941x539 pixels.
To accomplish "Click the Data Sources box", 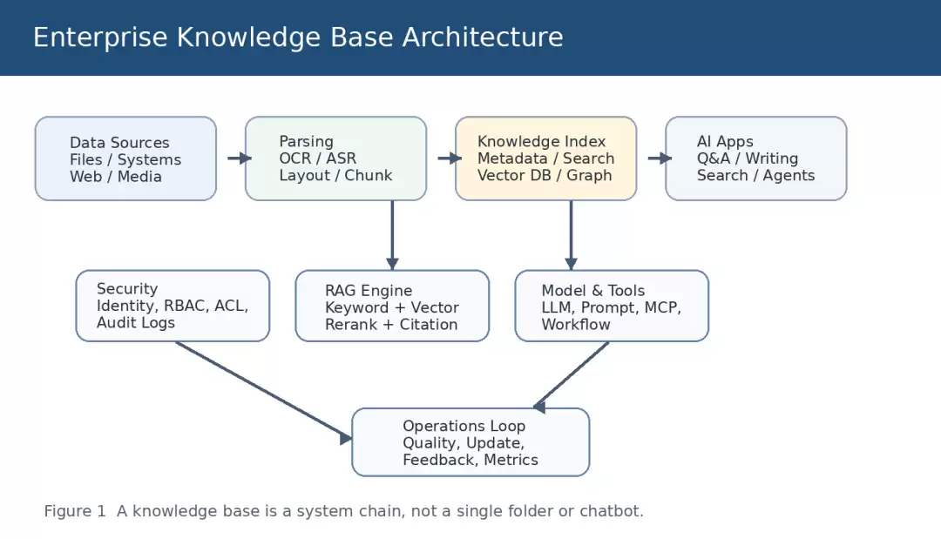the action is point(125,158).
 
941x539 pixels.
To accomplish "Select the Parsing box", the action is point(335,158).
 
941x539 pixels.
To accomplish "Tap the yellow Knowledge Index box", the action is point(545,158).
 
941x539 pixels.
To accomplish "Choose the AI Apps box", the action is point(755,158).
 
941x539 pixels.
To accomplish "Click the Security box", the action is point(173,306).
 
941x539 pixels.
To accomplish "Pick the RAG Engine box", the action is point(392,306).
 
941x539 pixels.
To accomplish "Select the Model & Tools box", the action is point(612,306).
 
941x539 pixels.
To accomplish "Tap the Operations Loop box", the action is point(470,442).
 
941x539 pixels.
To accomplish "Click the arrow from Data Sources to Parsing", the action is point(239,158).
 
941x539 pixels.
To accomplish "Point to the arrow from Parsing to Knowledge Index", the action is point(450,158).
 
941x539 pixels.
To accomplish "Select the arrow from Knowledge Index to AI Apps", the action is point(660,158).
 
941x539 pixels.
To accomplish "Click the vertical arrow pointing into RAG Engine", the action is point(392,235).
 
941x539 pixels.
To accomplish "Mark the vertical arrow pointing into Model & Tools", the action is point(571,235).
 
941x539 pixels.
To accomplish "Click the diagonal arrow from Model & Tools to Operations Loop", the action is point(571,376).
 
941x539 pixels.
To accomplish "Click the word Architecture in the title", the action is point(483,37).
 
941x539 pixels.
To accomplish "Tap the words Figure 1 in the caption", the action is point(74,511).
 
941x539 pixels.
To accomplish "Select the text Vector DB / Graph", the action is point(545,176).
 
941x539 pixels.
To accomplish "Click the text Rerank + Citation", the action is point(391,325).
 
